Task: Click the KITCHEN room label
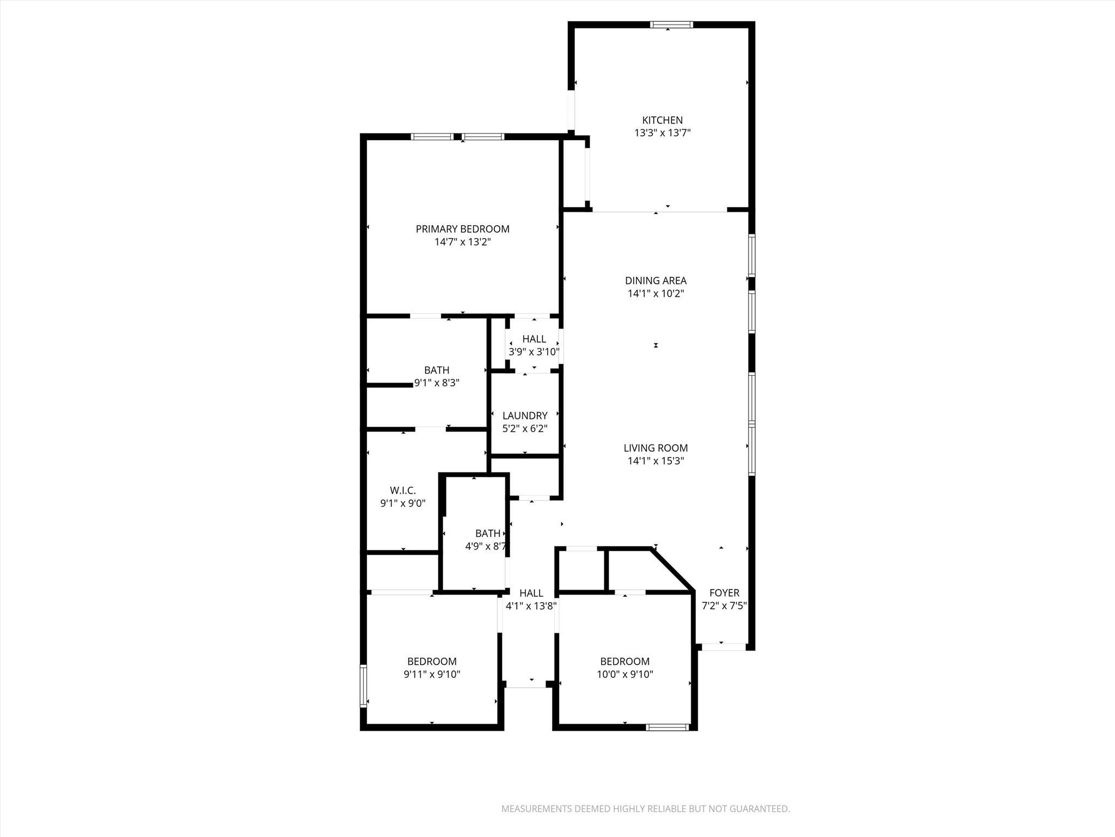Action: [662, 120]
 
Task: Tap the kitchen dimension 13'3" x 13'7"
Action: [662, 133]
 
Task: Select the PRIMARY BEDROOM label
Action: [462, 229]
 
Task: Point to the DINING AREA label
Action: [655, 281]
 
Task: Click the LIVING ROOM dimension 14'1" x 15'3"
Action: [655, 461]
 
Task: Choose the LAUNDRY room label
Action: [525, 416]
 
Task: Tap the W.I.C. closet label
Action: [403, 490]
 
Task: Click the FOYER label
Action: [724, 593]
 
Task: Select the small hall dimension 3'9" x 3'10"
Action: [534, 352]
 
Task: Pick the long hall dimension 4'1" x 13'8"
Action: [531, 605]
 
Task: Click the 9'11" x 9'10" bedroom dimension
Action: [432, 675]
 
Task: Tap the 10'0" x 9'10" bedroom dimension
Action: [624, 675]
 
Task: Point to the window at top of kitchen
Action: [671, 25]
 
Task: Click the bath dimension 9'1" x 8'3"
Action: [437, 383]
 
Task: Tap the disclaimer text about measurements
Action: [645, 809]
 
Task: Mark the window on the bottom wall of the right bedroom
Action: [667, 727]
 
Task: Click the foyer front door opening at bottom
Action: [723, 647]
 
